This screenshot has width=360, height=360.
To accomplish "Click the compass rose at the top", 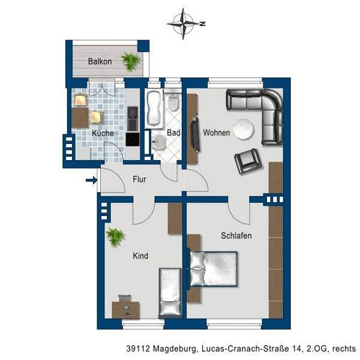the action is [x=184, y=23].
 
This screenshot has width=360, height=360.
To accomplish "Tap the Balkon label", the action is [x=100, y=61].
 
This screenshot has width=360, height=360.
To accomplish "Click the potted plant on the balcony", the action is [x=131, y=61].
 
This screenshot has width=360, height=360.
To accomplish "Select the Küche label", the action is [x=103, y=133].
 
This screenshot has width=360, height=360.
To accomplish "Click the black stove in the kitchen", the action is [x=133, y=139].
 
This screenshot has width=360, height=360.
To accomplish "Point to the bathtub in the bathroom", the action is [x=154, y=108].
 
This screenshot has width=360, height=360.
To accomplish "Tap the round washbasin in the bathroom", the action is [x=158, y=142].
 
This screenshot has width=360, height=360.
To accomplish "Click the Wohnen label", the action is [x=216, y=133].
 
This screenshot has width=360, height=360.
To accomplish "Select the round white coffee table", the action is [x=244, y=129].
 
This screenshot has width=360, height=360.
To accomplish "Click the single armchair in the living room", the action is [x=248, y=161].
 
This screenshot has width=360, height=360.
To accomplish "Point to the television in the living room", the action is [x=195, y=134].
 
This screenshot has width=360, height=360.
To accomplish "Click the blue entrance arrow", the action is [x=91, y=180].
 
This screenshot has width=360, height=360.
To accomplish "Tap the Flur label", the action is [x=139, y=179].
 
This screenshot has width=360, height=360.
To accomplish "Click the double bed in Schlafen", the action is [x=212, y=269].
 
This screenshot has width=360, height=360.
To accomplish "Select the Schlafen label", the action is [x=236, y=236].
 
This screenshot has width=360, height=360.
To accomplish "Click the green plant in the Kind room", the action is [x=115, y=237].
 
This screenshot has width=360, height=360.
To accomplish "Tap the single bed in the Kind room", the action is [x=170, y=293].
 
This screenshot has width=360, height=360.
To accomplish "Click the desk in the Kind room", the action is [x=126, y=310].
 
